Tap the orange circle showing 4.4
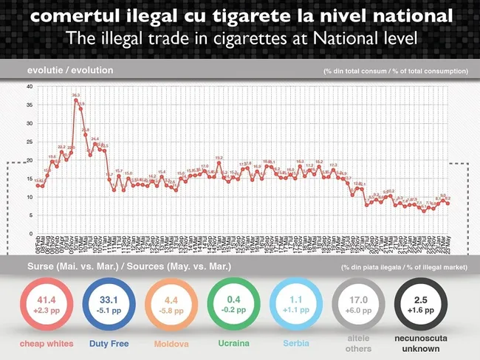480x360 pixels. coord(173,305)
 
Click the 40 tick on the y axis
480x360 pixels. coord(29,86)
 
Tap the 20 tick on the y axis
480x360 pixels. coord(29,160)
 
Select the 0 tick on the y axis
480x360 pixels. coord(30,234)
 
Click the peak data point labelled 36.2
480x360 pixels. coord(75,100)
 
